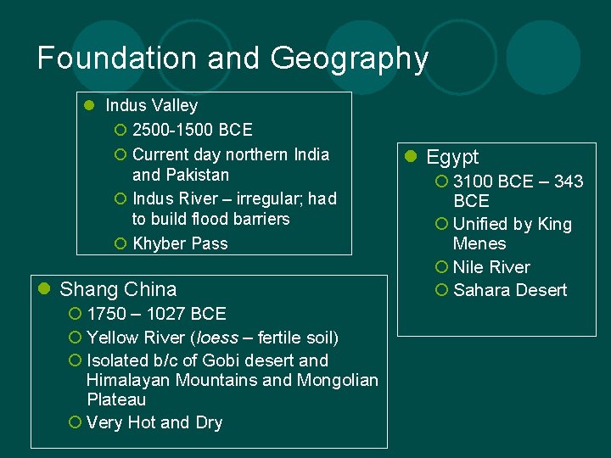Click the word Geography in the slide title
(350, 59)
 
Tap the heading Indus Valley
(151, 106)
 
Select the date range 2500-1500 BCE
(192, 131)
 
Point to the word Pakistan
(193, 176)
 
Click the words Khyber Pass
(180, 243)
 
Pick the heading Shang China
(118, 289)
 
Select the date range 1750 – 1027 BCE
(156, 314)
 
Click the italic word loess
(218, 338)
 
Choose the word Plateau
(116, 399)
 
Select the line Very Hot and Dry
(154, 422)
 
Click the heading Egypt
(452, 157)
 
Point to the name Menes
(479, 244)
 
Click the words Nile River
(491, 267)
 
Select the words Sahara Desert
(510, 290)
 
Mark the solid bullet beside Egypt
(411, 157)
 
